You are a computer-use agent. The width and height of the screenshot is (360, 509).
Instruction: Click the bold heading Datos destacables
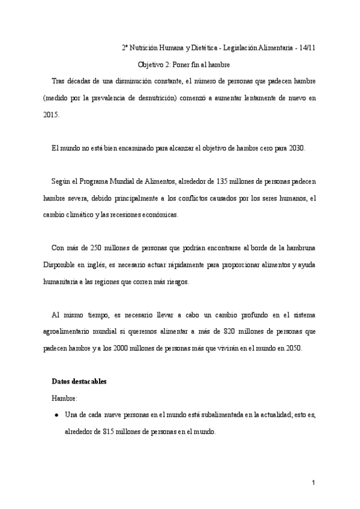click(x=80, y=382)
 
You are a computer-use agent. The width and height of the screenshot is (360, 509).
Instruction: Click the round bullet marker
click(x=56, y=415)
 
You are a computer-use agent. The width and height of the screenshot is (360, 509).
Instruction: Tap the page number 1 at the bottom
click(x=313, y=483)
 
